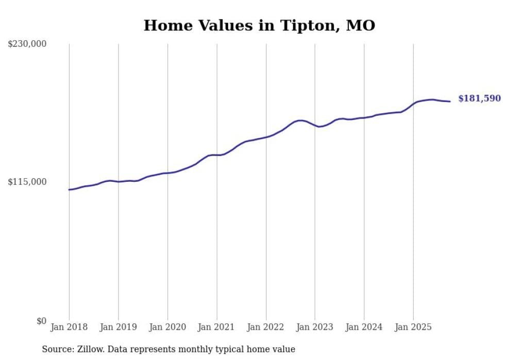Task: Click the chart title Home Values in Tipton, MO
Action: point(259,25)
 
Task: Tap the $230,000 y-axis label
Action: point(27,44)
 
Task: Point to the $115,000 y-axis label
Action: point(27,182)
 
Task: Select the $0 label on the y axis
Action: point(41,321)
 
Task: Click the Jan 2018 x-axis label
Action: point(69,327)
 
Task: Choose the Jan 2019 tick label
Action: point(119,327)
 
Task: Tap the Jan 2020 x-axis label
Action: point(167,327)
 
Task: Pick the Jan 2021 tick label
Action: point(216,327)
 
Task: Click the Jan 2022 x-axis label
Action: point(266,327)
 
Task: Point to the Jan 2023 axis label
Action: point(315,327)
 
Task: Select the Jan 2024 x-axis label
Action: point(364,327)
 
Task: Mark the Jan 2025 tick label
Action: point(413,327)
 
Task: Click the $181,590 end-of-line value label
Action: point(479,98)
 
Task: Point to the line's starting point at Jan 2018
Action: point(69,190)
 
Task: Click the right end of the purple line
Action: point(450,101)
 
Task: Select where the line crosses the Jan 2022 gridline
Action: point(266,137)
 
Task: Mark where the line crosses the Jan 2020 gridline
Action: point(167,173)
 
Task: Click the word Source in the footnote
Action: point(56,349)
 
